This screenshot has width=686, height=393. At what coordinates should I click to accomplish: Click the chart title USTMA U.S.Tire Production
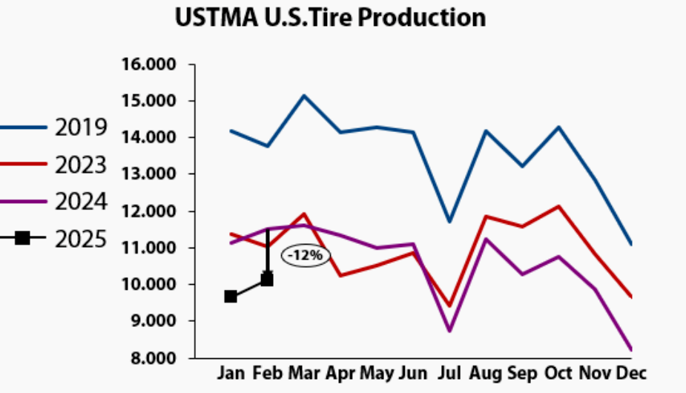[x=330, y=17]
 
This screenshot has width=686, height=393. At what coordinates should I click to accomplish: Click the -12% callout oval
[x=305, y=256]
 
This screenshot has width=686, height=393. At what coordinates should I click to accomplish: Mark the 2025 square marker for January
[x=231, y=297]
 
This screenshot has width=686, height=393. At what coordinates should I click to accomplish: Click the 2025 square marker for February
[x=267, y=280]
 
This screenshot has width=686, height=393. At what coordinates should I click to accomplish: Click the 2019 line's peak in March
[x=304, y=96]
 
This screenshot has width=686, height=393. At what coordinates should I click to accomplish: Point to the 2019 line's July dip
[x=449, y=222]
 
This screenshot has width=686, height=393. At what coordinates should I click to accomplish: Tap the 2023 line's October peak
[x=558, y=206]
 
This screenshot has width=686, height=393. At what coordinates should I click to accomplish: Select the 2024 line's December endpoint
[x=630, y=349]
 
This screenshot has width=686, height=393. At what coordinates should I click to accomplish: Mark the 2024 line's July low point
[x=449, y=331]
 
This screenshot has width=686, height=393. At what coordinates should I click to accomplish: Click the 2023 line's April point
[x=340, y=276]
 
